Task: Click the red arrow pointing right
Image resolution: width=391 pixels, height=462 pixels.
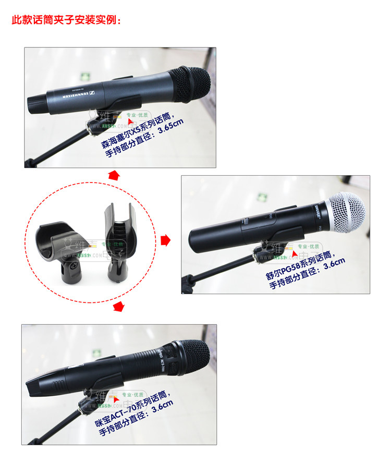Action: point(166,240)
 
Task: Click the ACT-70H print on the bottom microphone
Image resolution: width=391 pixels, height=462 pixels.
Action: point(163,362)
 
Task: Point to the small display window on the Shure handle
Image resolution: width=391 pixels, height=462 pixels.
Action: point(246,223)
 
